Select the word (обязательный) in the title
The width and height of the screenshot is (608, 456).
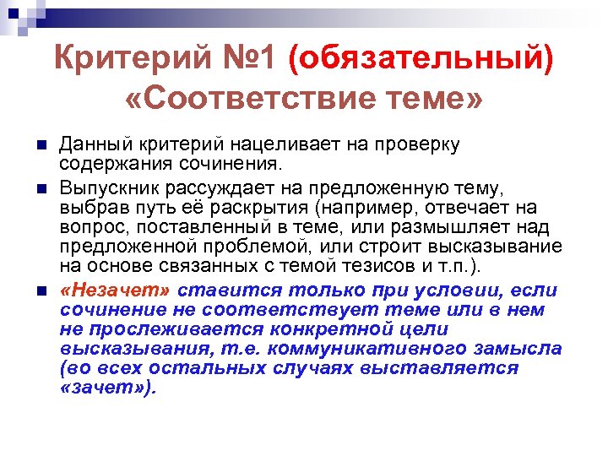(x=422, y=61)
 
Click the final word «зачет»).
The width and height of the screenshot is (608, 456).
(x=109, y=388)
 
